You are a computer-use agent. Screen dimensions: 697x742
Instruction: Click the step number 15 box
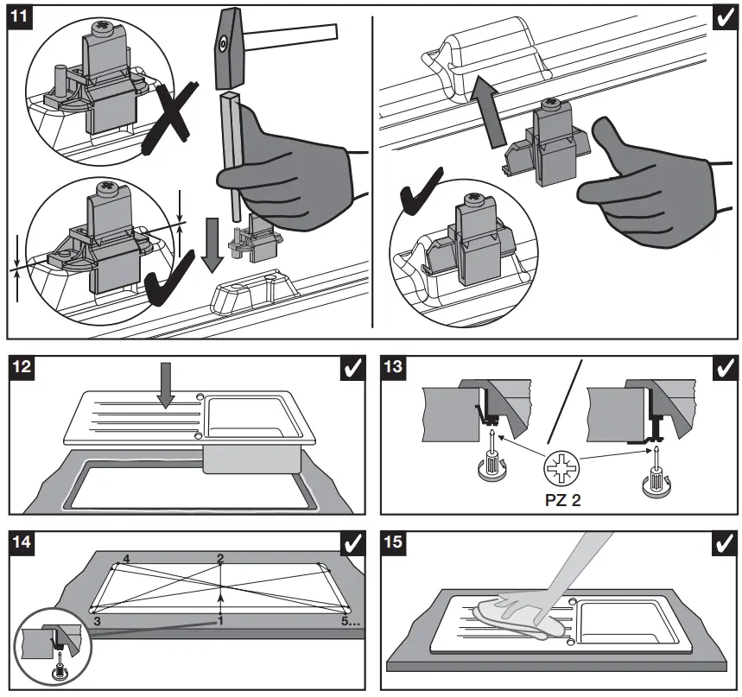click(392, 543)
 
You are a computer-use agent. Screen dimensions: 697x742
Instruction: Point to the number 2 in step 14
click(220, 559)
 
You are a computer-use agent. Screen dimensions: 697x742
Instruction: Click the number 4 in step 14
click(126, 560)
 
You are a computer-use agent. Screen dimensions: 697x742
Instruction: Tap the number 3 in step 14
click(98, 620)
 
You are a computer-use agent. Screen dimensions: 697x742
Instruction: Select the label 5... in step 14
click(349, 620)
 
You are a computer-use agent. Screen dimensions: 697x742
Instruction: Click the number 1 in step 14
click(220, 620)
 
